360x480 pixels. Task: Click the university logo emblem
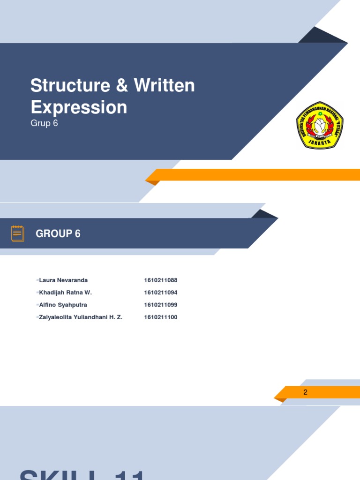tap(320, 125)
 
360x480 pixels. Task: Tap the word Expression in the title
tap(79, 107)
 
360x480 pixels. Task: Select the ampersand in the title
tap(118, 85)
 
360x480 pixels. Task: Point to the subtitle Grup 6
tap(44, 123)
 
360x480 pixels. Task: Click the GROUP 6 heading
tap(58, 233)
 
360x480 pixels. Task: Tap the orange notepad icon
tap(18, 233)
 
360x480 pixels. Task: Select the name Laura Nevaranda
tap(63, 280)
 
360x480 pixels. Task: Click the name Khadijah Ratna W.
tap(66, 292)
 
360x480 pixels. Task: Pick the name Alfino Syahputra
tap(63, 305)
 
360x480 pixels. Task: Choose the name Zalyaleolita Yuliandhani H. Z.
tap(81, 317)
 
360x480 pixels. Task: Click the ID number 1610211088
tap(161, 280)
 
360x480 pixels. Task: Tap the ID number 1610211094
tap(161, 292)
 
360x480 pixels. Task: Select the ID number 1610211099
tap(161, 305)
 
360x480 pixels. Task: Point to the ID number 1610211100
tap(161, 317)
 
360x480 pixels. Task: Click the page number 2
tap(305, 392)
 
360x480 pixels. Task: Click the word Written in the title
tap(164, 85)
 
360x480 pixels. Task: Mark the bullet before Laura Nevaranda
tap(37, 280)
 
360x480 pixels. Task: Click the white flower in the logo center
tap(320, 124)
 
